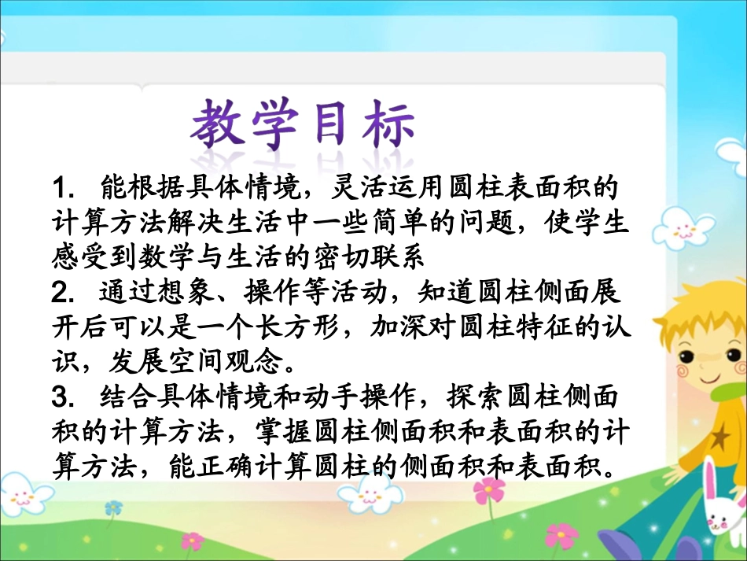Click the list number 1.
click(60, 188)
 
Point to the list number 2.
click(61, 292)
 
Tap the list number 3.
click(61, 396)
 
